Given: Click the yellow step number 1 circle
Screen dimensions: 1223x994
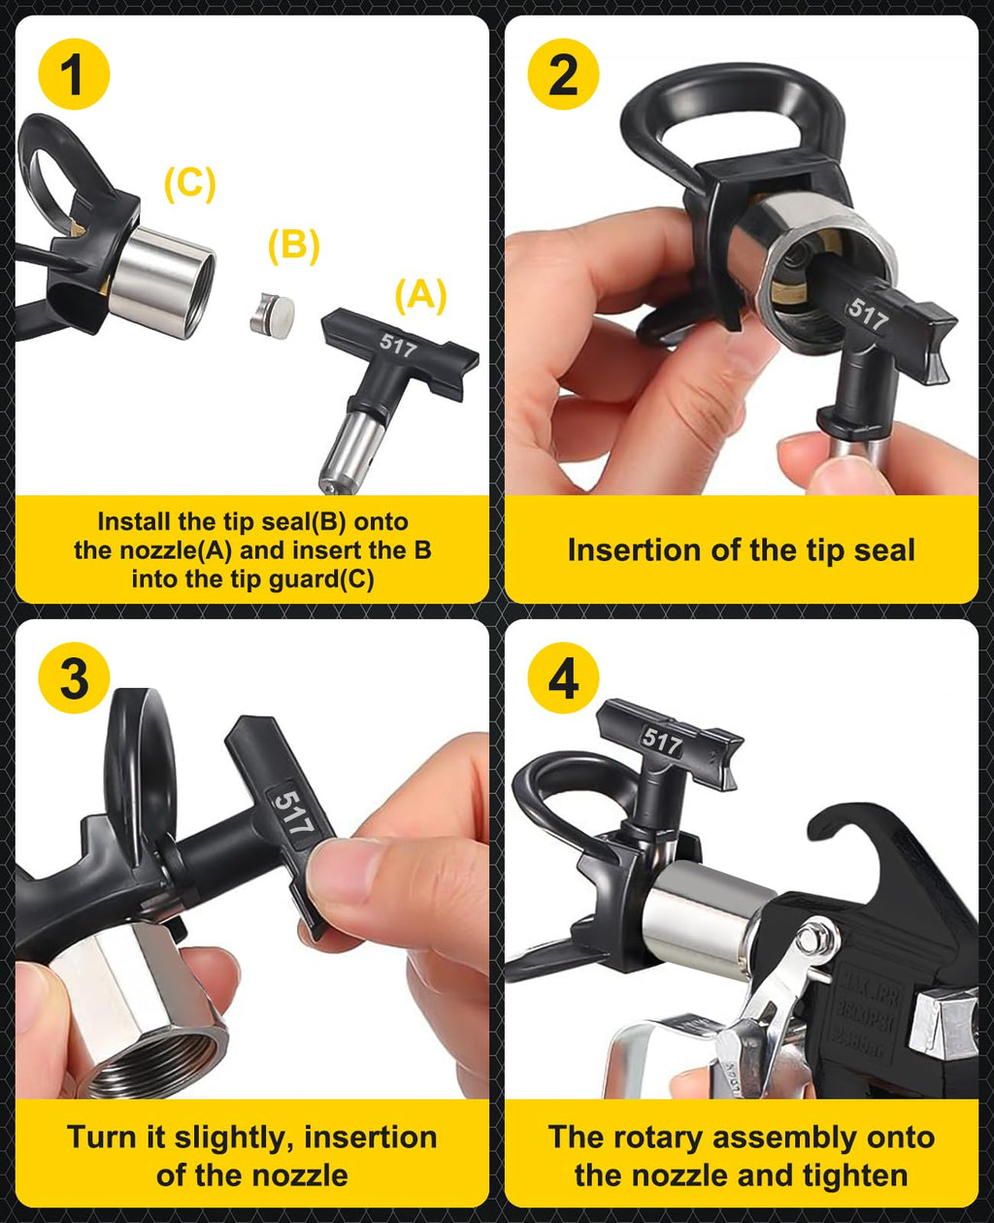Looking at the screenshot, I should click(x=74, y=76).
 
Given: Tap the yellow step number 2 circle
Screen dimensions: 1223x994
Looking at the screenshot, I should click(x=563, y=76).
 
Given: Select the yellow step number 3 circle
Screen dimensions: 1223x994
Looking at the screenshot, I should click(x=74, y=678).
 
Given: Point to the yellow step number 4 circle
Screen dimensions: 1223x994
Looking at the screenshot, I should click(x=563, y=678).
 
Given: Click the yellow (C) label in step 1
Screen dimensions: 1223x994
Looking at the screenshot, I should click(x=189, y=183).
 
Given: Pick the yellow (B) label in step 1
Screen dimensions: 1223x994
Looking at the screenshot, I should click(x=293, y=247).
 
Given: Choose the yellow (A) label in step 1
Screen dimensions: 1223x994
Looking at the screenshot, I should click(x=420, y=295).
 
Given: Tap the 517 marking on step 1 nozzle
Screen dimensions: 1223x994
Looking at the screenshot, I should click(x=397, y=346).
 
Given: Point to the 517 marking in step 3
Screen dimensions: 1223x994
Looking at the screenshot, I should click(x=291, y=813).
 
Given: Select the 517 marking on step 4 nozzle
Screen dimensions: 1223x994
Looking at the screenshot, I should click(x=662, y=744).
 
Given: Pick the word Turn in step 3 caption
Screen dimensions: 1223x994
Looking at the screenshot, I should click(x=100, y=1137).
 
